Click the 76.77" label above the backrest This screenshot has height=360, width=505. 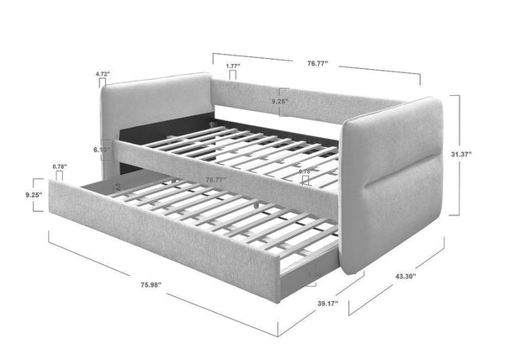317,61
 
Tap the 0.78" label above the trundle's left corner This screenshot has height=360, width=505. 59,166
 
